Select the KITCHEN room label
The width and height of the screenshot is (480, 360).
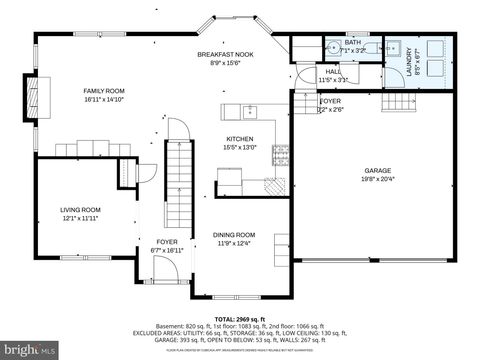[x=239, y=139]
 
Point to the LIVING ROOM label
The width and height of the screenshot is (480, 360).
[x=83, y=209]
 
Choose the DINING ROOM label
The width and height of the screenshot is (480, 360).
[x=240, y=235]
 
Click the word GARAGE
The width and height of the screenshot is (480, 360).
[x=377, y=171]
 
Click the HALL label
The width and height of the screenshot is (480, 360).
[x=332, y=71]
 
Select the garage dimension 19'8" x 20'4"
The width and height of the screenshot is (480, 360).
[x=377, y=180]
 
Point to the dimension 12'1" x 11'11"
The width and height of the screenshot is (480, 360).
[x=83, y=218]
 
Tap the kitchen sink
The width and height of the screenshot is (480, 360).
[x=249, y=109]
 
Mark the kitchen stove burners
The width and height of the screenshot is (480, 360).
[x=281, y=154]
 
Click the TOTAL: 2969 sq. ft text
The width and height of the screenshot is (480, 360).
[x=240, y=316]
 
